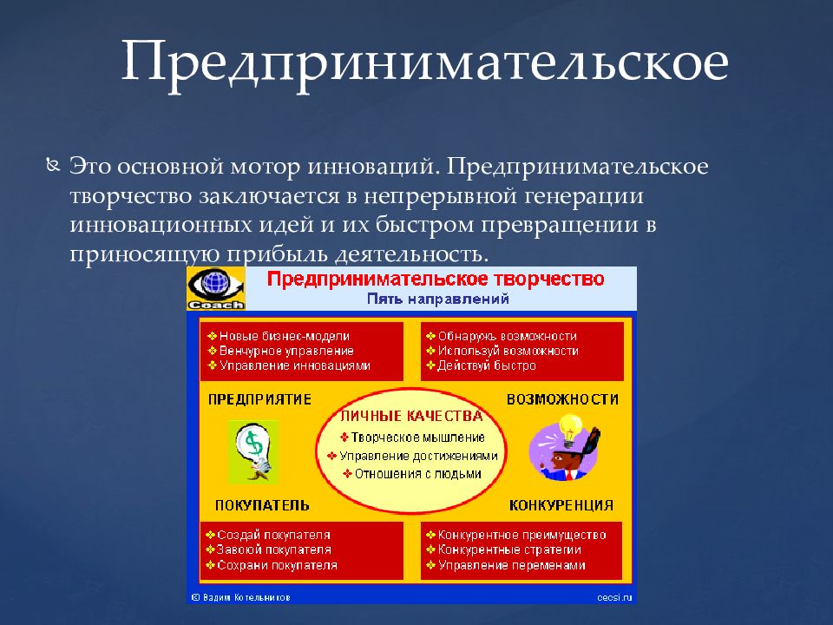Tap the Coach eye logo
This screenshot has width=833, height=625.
[x=215, y=288]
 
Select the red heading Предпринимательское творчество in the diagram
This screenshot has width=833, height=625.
[x=435, y=279]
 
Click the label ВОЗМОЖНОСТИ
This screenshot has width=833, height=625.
[x=562, y=400]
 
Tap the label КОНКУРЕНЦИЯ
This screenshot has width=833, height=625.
[x=561, y=505]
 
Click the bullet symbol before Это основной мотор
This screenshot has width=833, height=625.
[x=53, y=164]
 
